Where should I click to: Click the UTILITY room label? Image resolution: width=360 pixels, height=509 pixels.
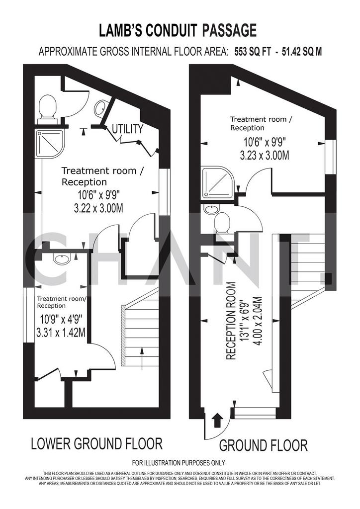(128, 129)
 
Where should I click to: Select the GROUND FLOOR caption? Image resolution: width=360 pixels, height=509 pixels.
(263, 445)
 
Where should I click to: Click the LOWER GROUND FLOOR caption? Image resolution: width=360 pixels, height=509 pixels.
(97, 443)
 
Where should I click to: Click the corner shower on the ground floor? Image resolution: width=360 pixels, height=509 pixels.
(217, 183)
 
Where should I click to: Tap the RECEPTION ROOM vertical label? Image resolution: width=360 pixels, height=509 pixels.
(231, 321)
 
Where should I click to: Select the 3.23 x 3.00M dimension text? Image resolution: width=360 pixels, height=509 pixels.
(265, 156)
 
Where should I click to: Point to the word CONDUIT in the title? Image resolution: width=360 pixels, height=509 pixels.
(171, 31)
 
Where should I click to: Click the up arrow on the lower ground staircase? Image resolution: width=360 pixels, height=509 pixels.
(142, 358)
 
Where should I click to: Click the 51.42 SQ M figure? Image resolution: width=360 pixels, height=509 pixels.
(301, 52)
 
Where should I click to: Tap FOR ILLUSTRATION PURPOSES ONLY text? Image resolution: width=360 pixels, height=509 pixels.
(178, 463)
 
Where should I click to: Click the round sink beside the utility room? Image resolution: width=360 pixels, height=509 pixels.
(100, 108)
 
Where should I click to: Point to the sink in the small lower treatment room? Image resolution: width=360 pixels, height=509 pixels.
(62, 259)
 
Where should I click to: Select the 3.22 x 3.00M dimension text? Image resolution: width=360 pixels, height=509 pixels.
(98, 208)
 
